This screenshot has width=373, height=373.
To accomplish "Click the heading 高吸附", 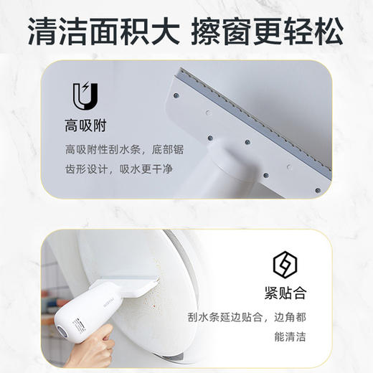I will [85, 126].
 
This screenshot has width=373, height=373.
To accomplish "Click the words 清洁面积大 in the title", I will [105, 30].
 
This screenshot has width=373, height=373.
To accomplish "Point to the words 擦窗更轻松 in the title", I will [270, 30].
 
